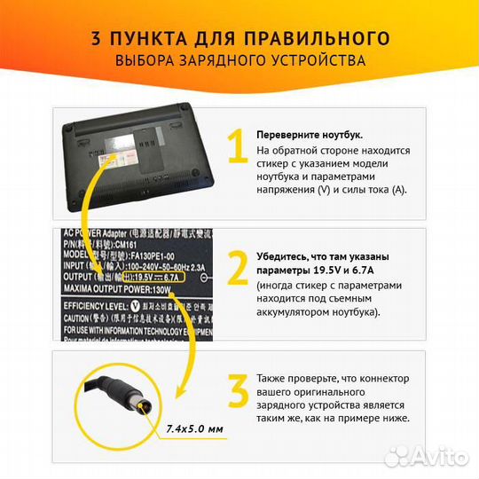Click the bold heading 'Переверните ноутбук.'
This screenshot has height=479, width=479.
point(309,135)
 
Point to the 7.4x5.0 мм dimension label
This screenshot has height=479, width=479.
point(195,428)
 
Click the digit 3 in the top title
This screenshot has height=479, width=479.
point(96,38)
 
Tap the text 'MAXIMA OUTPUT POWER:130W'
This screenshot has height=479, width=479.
point(115,287)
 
